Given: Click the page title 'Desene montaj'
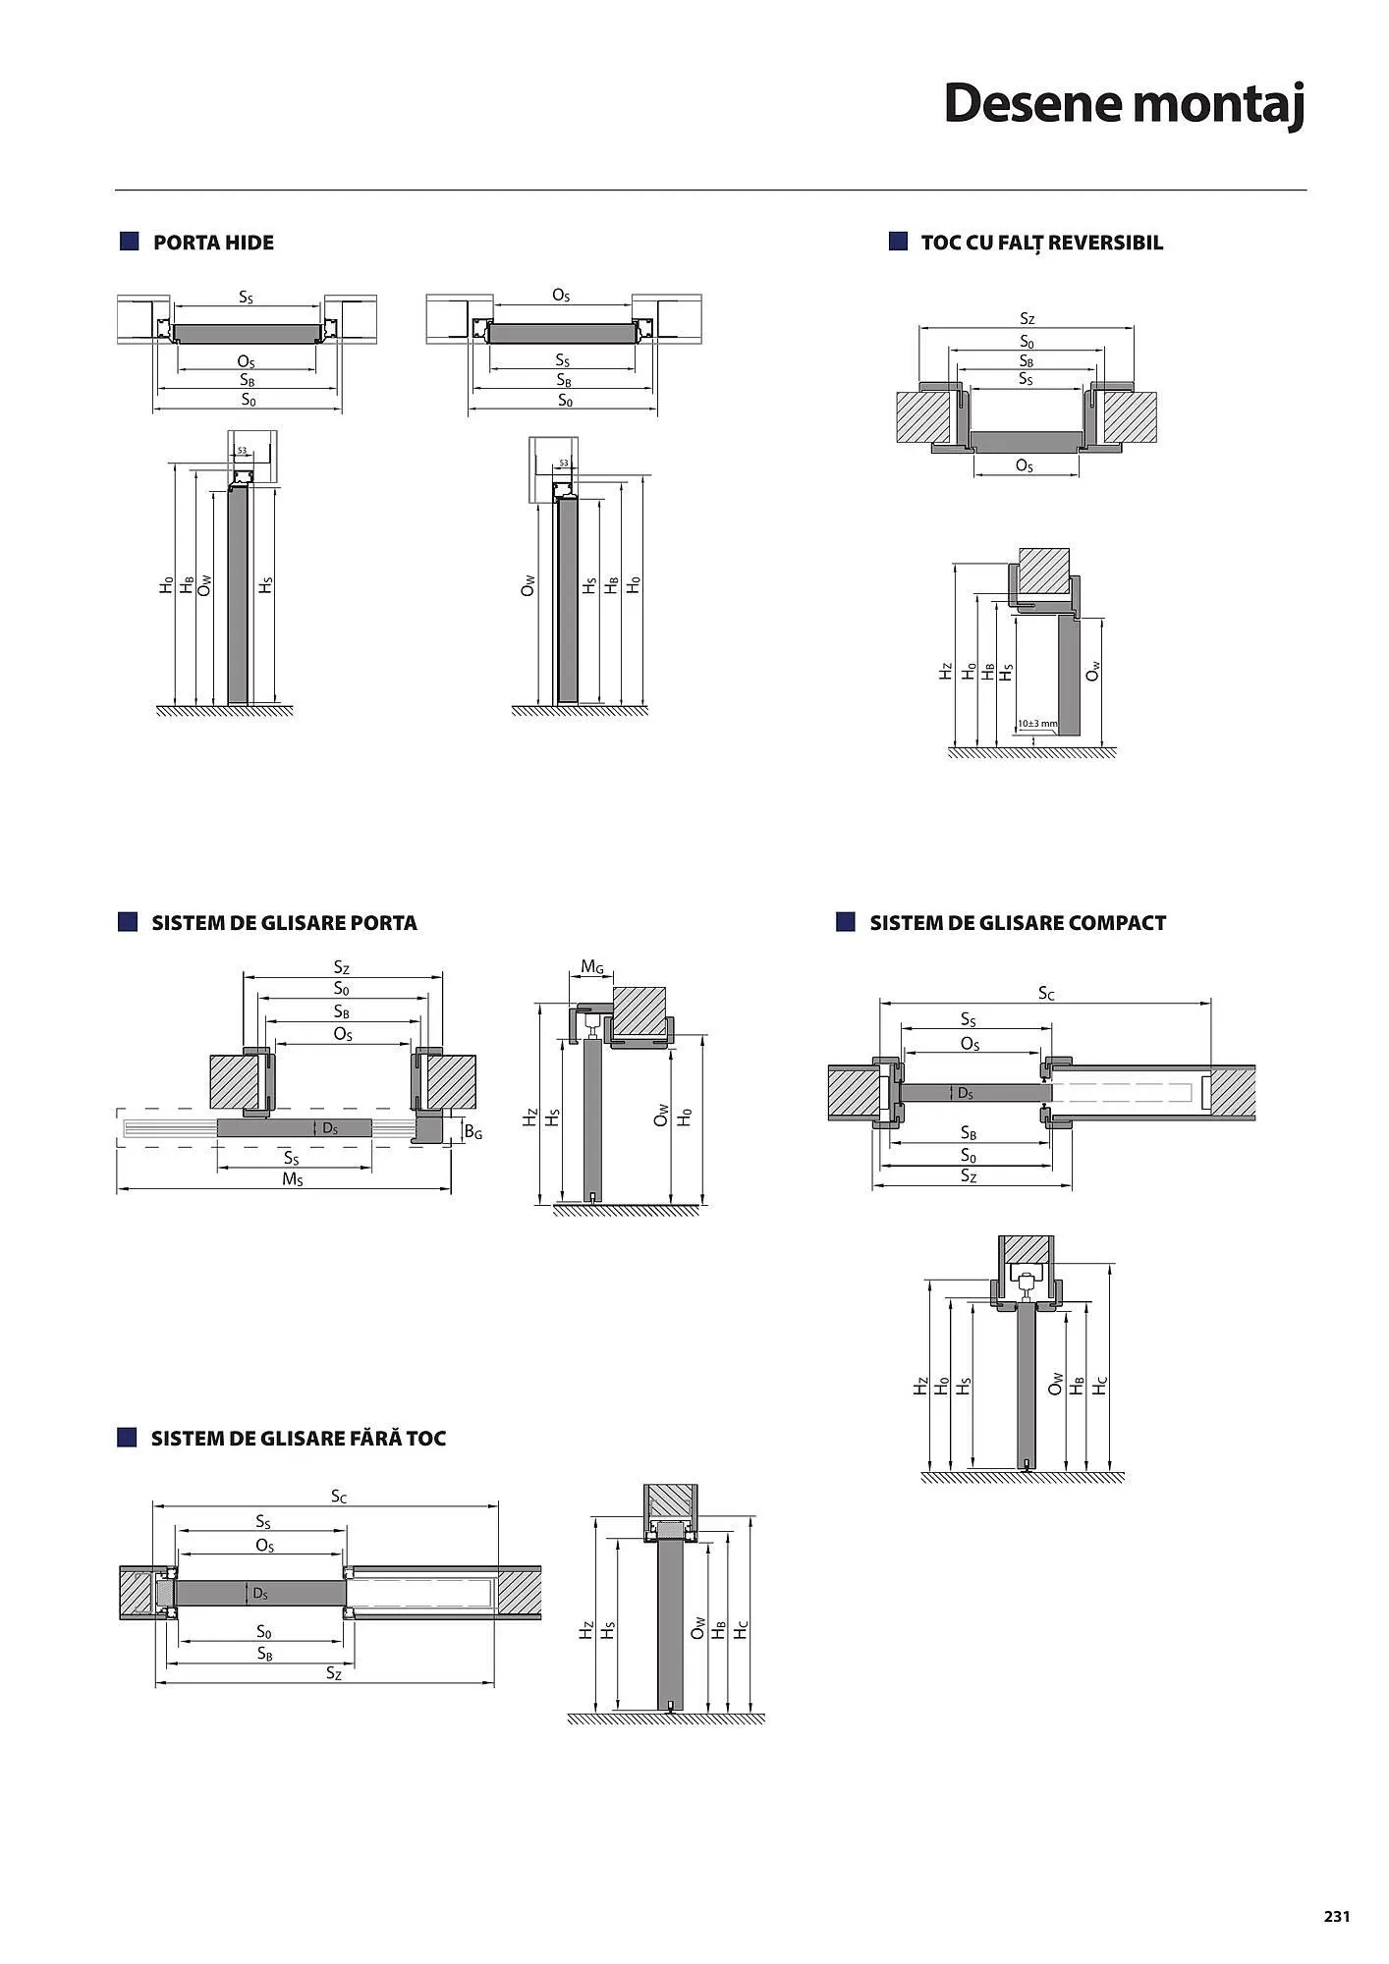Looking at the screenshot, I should click(x=1124, y=104).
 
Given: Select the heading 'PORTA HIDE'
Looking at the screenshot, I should click(x=213, y=243).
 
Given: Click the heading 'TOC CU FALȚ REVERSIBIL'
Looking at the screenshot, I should click(x=1041, y=243).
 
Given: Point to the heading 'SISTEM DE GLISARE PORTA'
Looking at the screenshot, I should click(x=284, y=923).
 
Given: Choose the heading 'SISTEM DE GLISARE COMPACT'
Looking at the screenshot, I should click(x=1018, y=923).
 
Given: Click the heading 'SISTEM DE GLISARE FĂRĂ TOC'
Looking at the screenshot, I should click(x=298, y=1439).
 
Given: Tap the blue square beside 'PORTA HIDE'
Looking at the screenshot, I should click(x=129, y=242).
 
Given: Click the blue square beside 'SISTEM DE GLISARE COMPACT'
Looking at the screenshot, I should click(x=845, y=922).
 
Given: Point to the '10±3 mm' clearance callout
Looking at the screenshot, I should click(x=1037, y=724).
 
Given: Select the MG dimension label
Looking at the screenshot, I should click(x=592, y=967).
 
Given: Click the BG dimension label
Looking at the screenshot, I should click(x=473, y=1132).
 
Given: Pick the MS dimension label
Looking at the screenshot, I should click(x=293, y=1178).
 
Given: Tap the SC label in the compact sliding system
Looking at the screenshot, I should click(x=1046, y=993).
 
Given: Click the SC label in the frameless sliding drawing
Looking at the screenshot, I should click(x=339, y=1497).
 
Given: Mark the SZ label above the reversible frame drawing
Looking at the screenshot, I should click(x=1027, y=318).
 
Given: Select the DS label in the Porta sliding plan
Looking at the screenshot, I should click(x=330, y=1128).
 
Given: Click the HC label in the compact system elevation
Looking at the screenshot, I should click(x=1100, y=1385).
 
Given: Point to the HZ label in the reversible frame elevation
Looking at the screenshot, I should click(x=945, y=672).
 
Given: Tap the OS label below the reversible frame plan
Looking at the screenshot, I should click(x=1024, y=465).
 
